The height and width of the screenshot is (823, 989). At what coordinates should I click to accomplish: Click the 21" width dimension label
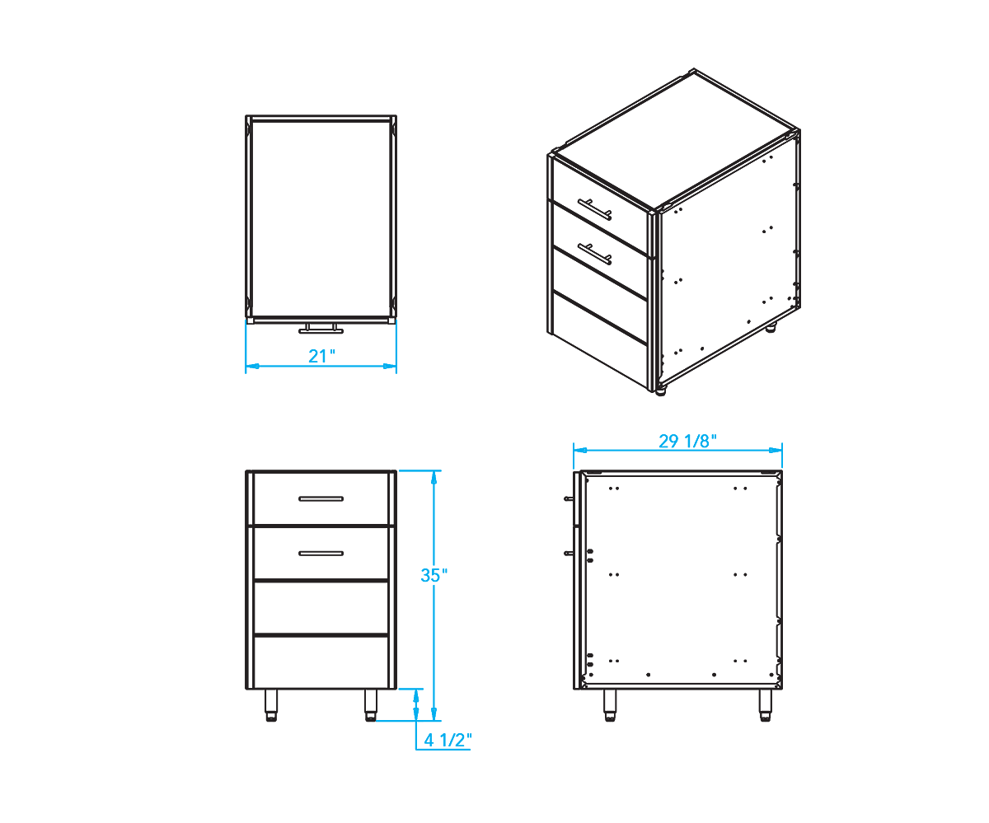coord(321,356)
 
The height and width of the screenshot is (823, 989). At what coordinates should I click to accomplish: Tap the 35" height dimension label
coord(434,575)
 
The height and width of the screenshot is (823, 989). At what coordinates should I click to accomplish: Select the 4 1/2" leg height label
coord(448,740)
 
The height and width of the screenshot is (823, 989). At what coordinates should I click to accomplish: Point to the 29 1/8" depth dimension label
coord(687,442)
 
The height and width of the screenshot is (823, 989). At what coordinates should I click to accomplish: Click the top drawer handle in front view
coord(321,498)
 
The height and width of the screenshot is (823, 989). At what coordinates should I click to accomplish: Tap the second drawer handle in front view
coord(321,553)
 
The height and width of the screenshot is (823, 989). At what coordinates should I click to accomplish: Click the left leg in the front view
coord(271,705)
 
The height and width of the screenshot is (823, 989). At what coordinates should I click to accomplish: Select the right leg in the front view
coord(370,705)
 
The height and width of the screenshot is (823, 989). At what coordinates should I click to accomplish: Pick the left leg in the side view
coord(610,705)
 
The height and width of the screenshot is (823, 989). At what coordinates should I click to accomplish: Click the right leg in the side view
coord(766,705)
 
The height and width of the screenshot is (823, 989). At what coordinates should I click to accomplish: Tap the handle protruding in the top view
coord(321,329)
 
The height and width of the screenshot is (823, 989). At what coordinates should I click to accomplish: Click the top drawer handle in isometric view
coord(595,209)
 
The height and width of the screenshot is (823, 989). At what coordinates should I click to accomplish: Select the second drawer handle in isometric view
coord(595,254)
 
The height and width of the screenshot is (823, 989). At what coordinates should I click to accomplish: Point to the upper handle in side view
coord(569,498)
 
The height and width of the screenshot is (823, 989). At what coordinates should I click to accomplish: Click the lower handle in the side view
coord(569,553)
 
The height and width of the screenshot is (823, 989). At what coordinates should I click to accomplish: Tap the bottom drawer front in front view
coord(321,662)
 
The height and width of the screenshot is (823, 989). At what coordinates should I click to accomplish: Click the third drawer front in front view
coord(321,607)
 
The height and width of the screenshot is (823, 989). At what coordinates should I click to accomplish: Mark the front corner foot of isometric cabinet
coord(661,391)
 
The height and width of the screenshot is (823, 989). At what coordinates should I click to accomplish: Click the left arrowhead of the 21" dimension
coord(252,366)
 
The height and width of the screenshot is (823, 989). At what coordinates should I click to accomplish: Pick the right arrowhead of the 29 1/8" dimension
coord(776,450)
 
